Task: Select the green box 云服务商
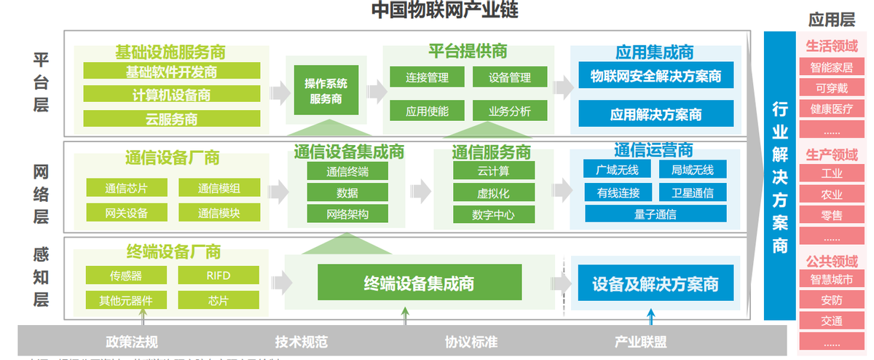click(x=171, y=119)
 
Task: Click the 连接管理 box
click(x=427, y=77)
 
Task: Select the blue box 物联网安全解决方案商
click(x=655, y=75)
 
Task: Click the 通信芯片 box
click(x=127, y=188)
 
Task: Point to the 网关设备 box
click(x=127, y=213)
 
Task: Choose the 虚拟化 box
click(x=493, y=193)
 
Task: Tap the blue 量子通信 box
click(x=655, y=214)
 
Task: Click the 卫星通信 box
click(x=692, y=192)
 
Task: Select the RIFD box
click(x=219, y=276)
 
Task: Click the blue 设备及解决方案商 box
click(x=655, y=283)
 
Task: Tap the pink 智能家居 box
click(x=831, y=68)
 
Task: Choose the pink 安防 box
click(x=831, y=300)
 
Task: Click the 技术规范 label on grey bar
click(x=301, y=342)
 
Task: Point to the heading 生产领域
click(x=831, y=155)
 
